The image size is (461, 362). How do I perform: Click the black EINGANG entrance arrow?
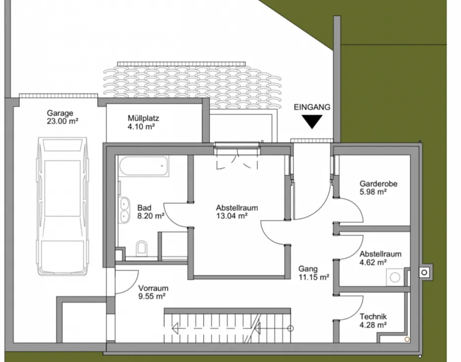click(312, 122)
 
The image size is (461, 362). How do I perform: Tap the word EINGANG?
click(312, 107)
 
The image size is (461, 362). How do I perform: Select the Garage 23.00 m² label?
click(62, 117)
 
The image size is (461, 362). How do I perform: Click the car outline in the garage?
click(62, 206)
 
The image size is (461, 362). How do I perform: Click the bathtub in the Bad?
click(144, 166)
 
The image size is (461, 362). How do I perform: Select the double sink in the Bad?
click(124, 209)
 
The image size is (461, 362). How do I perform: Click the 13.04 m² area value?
click(232, 216)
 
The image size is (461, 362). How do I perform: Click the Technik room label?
click(373, 317)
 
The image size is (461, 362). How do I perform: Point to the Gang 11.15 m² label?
click(314, 273)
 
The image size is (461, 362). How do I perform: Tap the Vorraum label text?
click(153, 288)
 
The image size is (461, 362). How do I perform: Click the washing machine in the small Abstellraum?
click(395, 277)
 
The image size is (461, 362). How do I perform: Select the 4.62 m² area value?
click(373, 262)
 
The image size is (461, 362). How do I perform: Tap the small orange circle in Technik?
click(407, 339)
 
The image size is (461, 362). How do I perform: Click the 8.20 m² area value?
click(150, 216)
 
